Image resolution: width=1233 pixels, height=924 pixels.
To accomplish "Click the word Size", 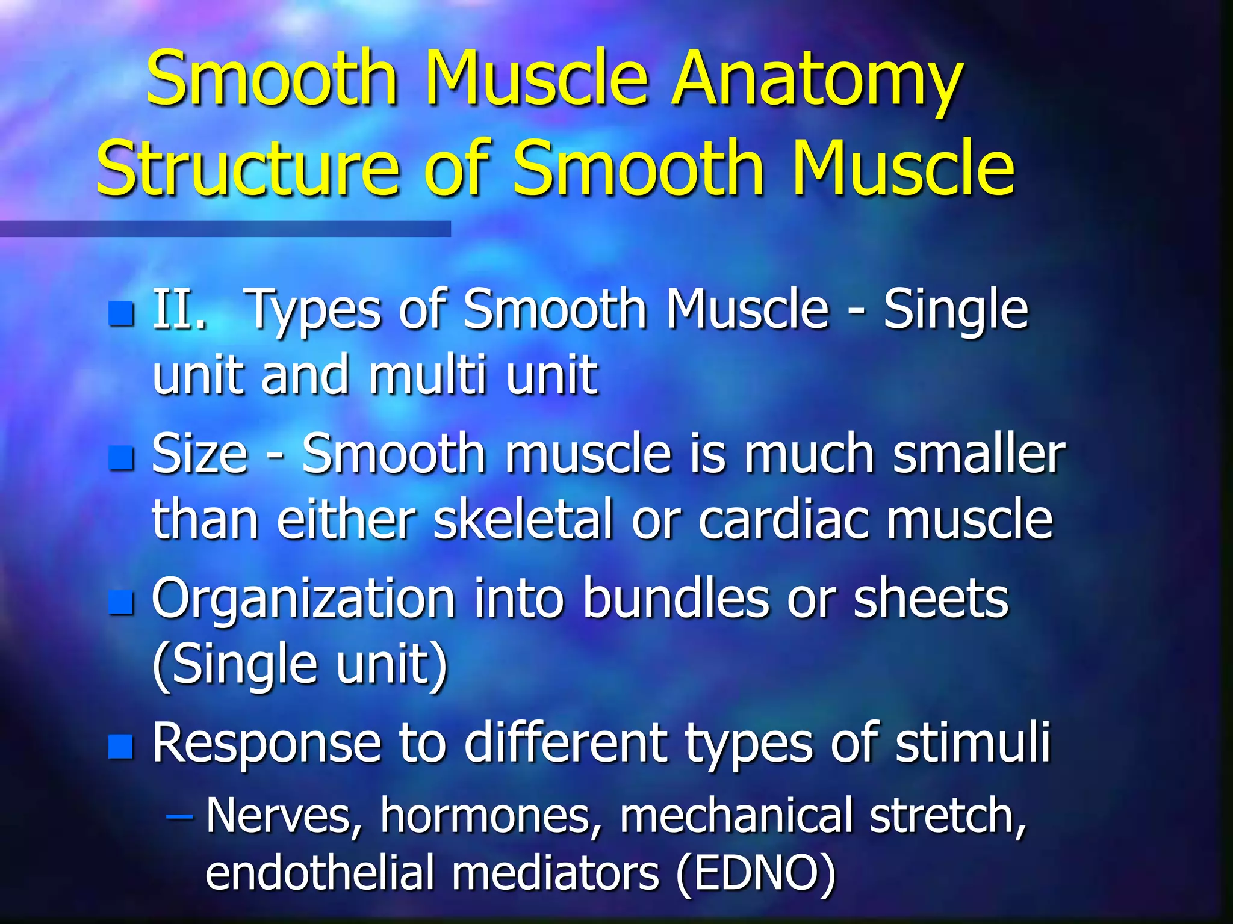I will click(x=199, y=455).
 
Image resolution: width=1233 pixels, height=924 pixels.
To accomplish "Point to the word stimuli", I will click(x=972, y=742).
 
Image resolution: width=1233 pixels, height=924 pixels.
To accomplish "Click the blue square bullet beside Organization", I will click(x=121, y=602).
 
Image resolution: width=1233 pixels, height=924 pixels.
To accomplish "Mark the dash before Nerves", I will click(x=179, y=817).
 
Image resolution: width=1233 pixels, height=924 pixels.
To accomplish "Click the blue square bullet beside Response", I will click(x=121, y=746).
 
